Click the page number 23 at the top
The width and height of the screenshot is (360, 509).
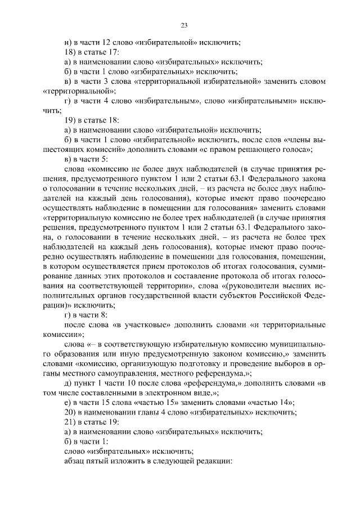tap(184, 25)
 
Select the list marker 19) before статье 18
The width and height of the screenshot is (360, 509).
tap(71, 121)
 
